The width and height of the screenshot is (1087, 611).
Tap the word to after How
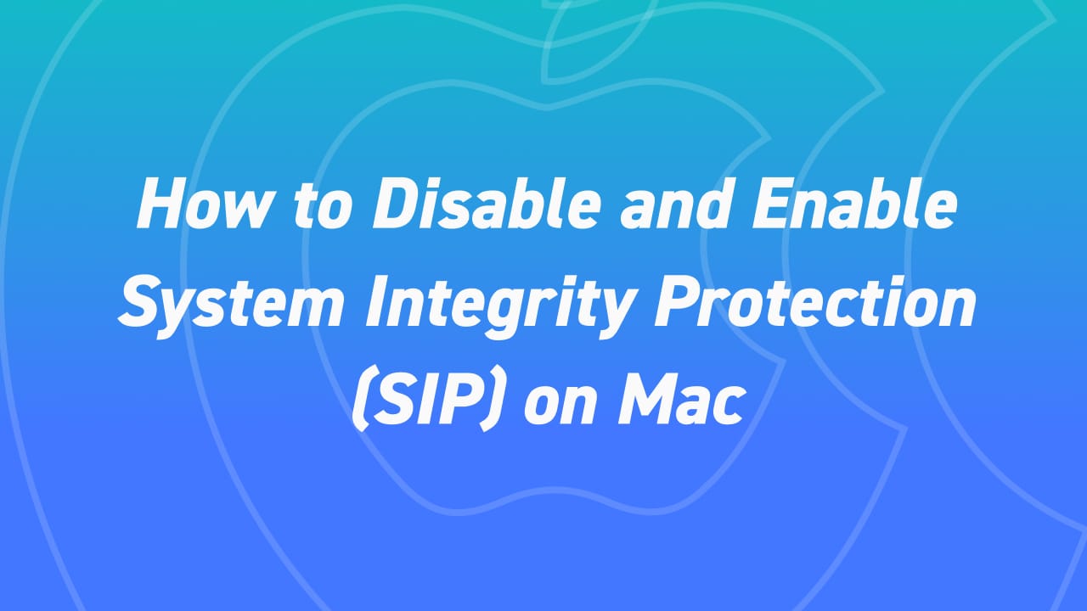tap(324, 206)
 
